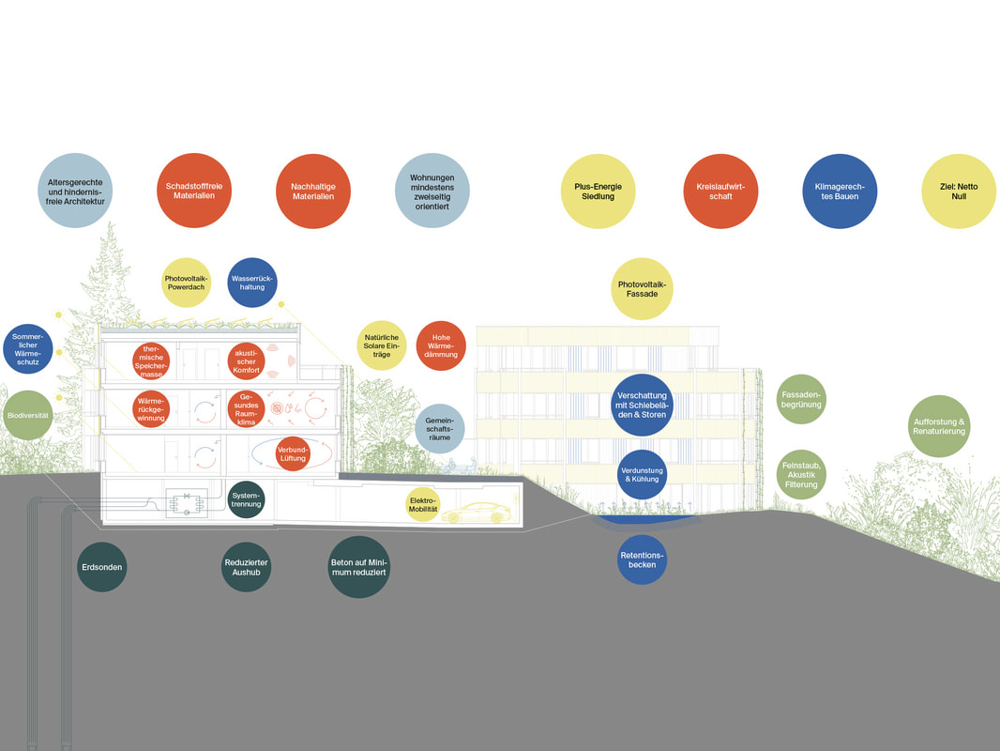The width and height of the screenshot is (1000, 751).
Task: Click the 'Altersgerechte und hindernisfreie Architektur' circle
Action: click(x=75, y=191)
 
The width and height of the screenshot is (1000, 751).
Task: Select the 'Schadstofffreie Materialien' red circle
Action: click(x=194, y=191)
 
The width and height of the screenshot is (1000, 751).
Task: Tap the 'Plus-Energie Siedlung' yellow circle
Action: click(x=598, y=191)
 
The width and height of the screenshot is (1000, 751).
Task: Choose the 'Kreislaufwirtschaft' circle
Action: click(x=720, y=191)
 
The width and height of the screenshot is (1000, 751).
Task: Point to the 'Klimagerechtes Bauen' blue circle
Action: click(x=840, y=191)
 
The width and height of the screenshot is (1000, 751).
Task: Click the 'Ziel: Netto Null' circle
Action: click(x=959, y=191)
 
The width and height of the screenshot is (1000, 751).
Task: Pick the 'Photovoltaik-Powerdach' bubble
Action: click(x=187, y=283)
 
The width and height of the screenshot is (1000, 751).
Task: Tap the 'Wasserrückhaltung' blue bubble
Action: click(x=252, y=283)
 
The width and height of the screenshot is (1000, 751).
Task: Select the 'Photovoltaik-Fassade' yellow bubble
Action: click(x=642, y=288)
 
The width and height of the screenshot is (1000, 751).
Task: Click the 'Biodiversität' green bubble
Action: click(x=27, y=415)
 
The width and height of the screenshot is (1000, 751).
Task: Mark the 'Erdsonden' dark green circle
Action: click(x=102, y=567)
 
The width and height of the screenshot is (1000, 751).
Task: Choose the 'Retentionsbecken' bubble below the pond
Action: click(x=642, y=559)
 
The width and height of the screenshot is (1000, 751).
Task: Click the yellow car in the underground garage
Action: click(x=477, y=513)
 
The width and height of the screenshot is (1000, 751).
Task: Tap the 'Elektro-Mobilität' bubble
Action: click(x=423, y=505)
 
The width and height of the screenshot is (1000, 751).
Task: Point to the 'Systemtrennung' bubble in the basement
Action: click(x=246, y=499)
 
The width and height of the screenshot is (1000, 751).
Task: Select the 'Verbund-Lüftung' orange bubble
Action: click(x=293, y=453)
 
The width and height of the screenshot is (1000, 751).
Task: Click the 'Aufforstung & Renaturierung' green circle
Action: click(x=939, y=426)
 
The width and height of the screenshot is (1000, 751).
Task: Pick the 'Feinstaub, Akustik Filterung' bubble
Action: click(x=801, y=475)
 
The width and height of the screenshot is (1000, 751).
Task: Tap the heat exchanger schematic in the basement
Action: click(x=187, y=503)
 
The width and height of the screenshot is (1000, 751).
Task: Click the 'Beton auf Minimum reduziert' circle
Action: click(x=358, y=567)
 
